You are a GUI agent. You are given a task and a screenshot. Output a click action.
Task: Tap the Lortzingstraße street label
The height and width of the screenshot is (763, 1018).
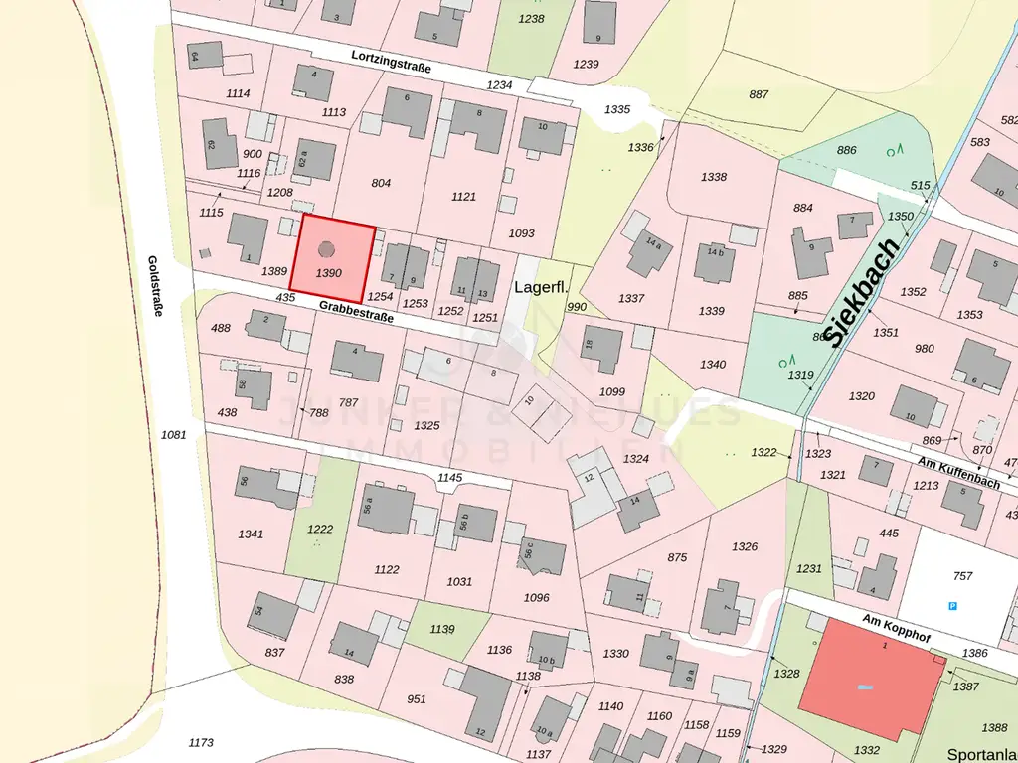(x=392, y=63)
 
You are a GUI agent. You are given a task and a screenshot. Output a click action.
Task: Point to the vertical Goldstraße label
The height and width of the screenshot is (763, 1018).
(x=156, y=285)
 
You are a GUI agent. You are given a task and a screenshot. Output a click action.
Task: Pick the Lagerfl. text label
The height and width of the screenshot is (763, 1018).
(x=541, y=287)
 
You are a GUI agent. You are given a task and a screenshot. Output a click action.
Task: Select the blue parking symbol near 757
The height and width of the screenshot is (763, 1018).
(x=952, y=606)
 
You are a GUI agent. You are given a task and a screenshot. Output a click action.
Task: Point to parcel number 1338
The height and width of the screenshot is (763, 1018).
(x=713, y=177)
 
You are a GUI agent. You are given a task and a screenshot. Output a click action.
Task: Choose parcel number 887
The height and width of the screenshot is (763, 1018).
(x=759, y=94)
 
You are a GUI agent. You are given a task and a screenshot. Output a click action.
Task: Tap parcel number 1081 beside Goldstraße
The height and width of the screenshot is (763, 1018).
(x=173, y=434)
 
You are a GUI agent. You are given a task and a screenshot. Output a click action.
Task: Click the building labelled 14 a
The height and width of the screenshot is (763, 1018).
(x=649, y=254)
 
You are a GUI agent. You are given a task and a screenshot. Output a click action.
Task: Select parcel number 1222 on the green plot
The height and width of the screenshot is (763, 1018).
(x=319, y=529)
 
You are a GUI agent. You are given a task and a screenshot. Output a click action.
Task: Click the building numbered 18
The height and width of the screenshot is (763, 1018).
(x=601, y=348)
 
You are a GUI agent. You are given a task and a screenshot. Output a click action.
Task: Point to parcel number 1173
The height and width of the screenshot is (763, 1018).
(x=201, y=742)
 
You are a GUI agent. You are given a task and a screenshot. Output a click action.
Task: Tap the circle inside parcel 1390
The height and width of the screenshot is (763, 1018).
(x=329, y=249)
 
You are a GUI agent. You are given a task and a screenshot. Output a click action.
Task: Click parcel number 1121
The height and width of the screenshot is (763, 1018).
(x=464, y=197)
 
